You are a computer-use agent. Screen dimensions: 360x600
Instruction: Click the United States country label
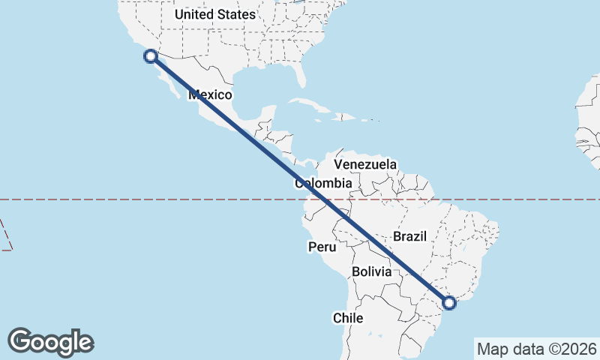pos(214,14)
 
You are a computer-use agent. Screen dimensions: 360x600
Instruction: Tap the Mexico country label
pos(210,95)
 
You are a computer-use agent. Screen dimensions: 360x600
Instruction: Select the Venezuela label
pos(365,164)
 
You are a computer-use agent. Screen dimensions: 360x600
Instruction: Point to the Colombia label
pos(323,183)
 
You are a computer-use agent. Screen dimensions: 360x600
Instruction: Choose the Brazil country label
pos(409,236)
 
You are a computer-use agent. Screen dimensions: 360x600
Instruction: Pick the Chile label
pos(348,318)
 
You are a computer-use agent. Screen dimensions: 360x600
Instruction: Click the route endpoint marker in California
pos(151,55)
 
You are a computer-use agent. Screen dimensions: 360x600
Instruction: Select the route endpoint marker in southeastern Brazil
pos(449,303)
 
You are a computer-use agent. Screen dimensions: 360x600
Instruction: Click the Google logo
pos(51,342)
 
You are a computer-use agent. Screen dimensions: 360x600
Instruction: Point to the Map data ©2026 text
pos(536,349)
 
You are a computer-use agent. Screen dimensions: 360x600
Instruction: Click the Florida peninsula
pos(301,74)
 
